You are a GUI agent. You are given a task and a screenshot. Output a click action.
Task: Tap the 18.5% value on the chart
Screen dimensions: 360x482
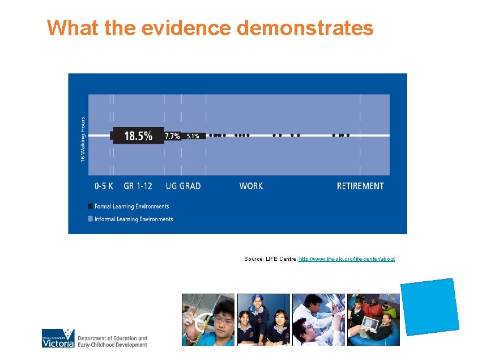[x=138, y=136]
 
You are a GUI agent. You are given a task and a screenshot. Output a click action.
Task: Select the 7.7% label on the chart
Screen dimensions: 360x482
[x=172, y=136]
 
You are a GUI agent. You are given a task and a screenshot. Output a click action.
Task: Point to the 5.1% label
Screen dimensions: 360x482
[x=193, y=136]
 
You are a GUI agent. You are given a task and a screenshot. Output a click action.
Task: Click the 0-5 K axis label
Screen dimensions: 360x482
[x=104, y=186]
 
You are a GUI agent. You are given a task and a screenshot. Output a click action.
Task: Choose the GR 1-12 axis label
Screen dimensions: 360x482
[x=138, y=186]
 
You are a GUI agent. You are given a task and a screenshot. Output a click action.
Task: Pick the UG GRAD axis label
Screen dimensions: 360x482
[x=183, y=186]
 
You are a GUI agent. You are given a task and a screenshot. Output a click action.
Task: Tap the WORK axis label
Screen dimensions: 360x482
[x=251, y=186]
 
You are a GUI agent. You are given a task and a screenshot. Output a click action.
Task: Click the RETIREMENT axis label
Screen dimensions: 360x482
[x=360, y=186]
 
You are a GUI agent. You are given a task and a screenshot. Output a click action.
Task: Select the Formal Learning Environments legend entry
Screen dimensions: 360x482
[x=131, y=206]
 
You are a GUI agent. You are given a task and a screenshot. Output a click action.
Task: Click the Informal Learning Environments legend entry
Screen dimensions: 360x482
[x=134, y=219]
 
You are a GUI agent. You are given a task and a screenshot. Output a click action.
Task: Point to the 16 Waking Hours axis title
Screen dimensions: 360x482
[x=83, y=139]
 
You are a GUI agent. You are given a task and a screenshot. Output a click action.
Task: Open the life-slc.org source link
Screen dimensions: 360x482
[x=347, y=259]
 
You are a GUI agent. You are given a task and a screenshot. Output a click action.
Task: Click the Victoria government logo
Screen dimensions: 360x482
[x=58, y=338]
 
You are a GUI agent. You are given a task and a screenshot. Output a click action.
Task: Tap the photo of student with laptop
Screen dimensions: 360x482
[x=373, y=320]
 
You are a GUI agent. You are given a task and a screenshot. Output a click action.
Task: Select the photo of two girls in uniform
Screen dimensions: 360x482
[x=263, y=320]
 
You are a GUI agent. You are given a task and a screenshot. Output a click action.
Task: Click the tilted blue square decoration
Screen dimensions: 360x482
[x=429, y=306]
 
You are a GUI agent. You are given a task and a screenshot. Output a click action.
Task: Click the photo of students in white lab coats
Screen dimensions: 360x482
[x=318, y=320]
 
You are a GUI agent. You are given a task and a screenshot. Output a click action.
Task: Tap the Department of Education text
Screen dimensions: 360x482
[x=112, y=341]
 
